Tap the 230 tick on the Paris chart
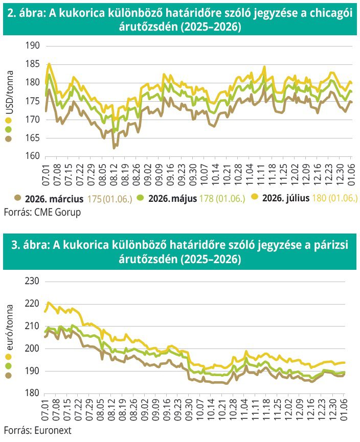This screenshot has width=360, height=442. coord(31,281)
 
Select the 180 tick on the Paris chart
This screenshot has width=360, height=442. coord(31,393)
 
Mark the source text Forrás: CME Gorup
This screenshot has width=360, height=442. coord(42,212)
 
